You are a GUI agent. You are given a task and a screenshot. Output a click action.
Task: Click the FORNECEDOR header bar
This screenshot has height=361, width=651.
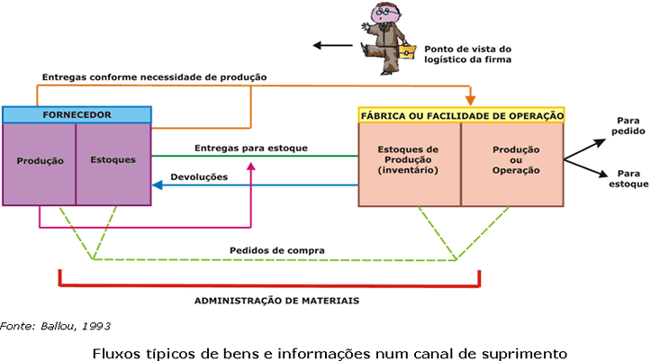(77, 115)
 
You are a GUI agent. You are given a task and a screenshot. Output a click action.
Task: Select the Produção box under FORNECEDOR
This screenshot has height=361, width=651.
(40, 161)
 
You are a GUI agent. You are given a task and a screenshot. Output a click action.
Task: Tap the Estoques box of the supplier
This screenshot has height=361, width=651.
(113, 161)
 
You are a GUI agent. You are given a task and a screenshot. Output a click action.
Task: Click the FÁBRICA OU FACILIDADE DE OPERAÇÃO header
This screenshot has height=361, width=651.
(462, 115)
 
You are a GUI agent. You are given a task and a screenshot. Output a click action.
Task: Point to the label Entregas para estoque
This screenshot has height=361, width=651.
(251, 147)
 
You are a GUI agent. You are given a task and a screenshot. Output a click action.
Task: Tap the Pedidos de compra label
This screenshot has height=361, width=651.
(277, 249)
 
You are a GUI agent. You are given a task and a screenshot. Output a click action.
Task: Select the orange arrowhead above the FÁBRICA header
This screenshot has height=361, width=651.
(470, 100)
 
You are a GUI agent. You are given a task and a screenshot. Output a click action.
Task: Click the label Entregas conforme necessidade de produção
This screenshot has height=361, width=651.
(153, 77)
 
